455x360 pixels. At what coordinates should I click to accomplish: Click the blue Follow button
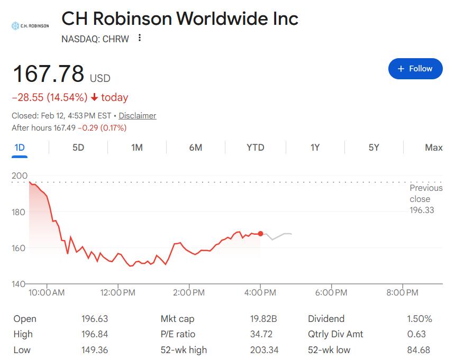point(415,69)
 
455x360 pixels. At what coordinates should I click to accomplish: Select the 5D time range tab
point(78,147)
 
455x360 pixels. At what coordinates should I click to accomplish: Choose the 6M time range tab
point(196,147)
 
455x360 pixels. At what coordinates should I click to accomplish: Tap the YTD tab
point(255,147)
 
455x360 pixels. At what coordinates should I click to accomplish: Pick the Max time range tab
point(433,147)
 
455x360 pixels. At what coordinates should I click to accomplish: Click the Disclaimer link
point(137,115)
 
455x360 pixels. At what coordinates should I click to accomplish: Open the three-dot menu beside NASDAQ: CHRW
point(140,38)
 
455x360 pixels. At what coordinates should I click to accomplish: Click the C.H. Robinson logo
point(30,25)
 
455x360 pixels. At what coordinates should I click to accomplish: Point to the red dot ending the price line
point(260,234)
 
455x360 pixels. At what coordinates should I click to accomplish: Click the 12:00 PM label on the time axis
point(117,292)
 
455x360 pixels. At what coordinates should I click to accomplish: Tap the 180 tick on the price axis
point(19,212)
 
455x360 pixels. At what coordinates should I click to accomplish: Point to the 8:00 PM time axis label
point(403,292)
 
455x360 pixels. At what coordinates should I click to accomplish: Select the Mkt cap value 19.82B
point(263,319)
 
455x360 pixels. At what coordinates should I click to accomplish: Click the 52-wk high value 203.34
point(263,350)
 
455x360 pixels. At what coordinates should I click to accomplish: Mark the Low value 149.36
point(94,350)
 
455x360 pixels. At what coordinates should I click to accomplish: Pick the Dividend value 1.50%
point(420,319)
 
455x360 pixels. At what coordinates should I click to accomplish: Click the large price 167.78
point(48,74)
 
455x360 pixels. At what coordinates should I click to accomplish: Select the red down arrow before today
point(94,97)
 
